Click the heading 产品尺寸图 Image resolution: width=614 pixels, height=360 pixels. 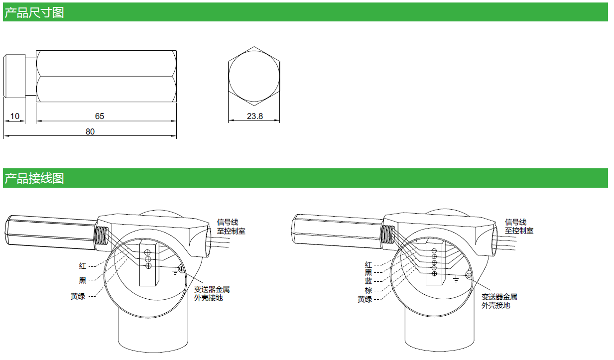(x=34, y=12)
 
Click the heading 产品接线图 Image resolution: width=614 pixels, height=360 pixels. (x=34, y=178)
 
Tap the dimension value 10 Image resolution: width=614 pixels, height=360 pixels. (x=15, y=116)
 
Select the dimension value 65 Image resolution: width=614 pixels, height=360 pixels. (x=100, y=116)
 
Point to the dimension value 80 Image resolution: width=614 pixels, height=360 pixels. (x=90, y=131)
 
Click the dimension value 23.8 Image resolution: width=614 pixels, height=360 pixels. (x=254, y=116)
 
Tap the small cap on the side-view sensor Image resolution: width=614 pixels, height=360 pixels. (x=14, y=76)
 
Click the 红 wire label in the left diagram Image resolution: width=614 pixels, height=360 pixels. (x=82, y=266)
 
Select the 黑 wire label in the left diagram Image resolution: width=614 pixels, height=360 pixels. (x=82, y=281)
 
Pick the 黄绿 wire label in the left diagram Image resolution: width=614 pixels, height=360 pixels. (x=78, y=296)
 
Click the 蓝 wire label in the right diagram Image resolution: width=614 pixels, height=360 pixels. (x=368, y=281)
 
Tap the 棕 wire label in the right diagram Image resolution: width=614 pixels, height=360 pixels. (x=368, y=290)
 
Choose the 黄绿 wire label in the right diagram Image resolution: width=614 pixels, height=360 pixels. (x=365, y=299)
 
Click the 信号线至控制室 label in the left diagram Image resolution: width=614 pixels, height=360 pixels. (x=231, y=227)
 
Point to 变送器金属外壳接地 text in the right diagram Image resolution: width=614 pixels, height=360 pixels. (x=499, y=301)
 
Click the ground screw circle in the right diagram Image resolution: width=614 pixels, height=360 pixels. (x=469, y=275)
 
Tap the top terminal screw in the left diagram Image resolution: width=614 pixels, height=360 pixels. (x=148, y=251)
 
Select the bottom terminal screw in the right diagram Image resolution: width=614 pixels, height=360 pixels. (x=434, y=274)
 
